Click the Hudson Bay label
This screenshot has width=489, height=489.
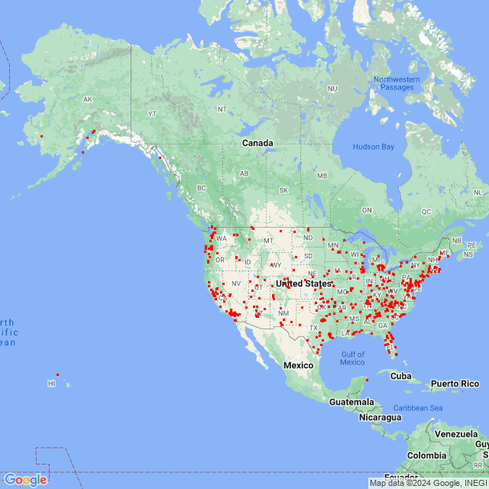374,147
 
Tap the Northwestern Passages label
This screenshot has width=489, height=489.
397,83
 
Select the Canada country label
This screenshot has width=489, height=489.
257,143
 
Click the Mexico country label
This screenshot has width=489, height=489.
299,365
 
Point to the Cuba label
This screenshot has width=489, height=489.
401,375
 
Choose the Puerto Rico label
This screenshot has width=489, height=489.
454,384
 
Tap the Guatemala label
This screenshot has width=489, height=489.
351,402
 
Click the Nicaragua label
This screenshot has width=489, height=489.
380,417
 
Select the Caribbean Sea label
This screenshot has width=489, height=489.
419,408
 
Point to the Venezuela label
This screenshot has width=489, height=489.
457,433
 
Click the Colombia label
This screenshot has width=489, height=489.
426,455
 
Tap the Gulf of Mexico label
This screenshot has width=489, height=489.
352,358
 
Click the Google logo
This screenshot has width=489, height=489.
25,480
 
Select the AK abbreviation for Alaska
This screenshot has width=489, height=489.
87,100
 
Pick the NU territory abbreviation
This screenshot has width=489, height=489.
332,89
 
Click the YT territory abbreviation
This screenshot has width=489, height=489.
152,113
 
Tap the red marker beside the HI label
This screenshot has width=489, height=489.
57,375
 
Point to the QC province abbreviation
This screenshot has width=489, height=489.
426,212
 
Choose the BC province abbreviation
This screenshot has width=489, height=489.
202,188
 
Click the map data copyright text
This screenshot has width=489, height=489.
428,483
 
